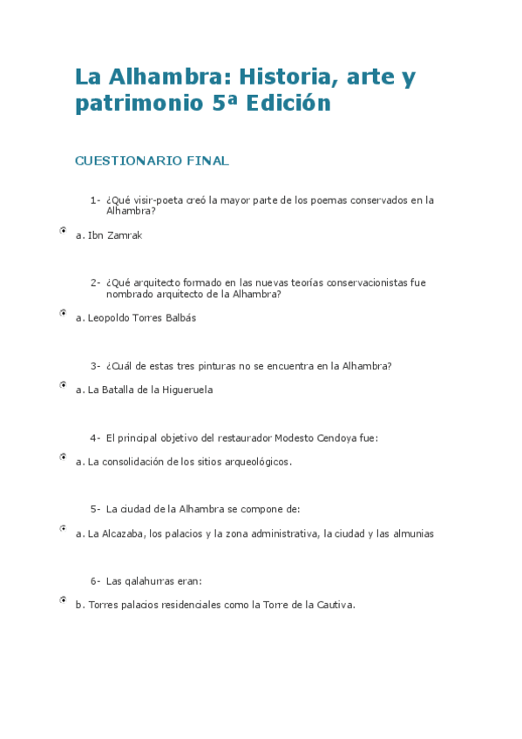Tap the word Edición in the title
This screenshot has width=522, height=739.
tap(288, 104)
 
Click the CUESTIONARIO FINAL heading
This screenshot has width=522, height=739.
tap(152, 160)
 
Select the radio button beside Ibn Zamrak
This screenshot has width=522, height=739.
tap(64, 231)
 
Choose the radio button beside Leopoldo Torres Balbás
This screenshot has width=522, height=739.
tap(64, 312)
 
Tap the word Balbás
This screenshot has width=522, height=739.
tap(179, 318)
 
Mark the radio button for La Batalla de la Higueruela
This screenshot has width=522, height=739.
tap(64, 384)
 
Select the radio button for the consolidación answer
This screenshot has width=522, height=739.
tap(64, 456)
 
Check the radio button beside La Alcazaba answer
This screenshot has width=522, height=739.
tap(64, 528)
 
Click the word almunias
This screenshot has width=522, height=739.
tap(411, 533)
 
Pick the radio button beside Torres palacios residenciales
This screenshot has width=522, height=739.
tap(64, 600)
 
